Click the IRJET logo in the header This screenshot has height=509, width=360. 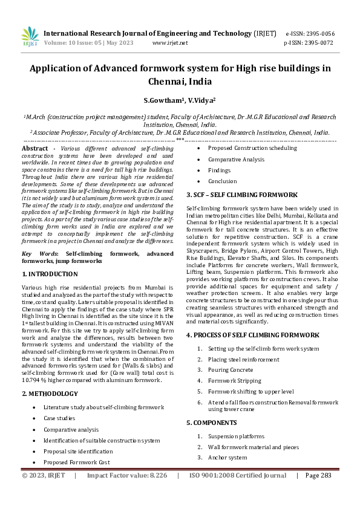pos(30,36)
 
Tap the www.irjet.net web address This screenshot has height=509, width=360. pos(170,43)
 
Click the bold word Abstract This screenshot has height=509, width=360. pos(35,148)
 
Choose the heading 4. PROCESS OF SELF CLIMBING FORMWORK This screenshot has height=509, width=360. pos(252,334)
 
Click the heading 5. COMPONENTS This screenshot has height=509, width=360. pos(212,423)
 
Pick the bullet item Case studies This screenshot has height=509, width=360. pos(59,418)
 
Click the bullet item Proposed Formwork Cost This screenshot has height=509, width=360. pos(76,462)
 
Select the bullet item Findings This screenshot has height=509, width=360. pos(219,170)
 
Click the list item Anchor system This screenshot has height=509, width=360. pos(227,458)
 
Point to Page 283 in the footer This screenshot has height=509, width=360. pos(318,476)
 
